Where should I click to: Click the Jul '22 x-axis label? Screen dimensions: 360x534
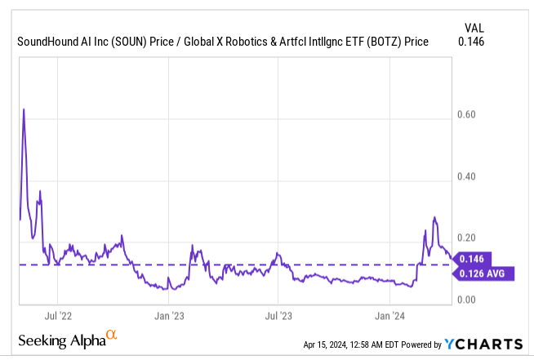[60, 314]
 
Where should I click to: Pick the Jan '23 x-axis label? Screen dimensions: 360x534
[168, 314]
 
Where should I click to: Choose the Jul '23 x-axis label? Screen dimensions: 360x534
[279, 314]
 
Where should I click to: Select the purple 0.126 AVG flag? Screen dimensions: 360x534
[483, 273]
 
